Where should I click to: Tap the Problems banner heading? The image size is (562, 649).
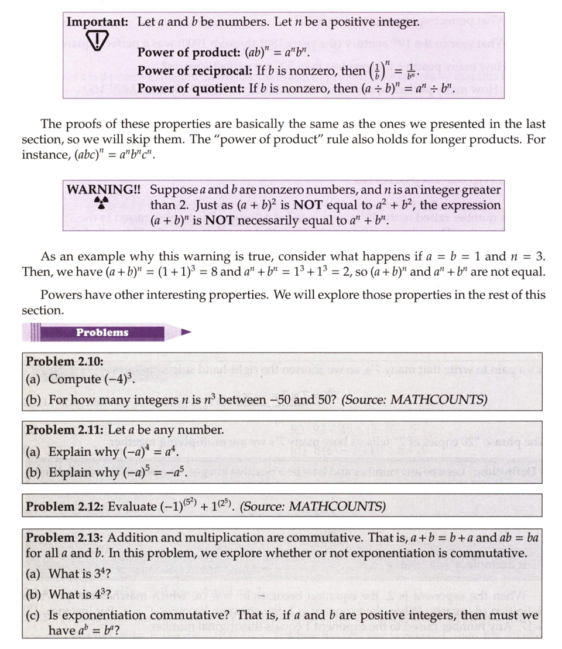[x=102, y=332]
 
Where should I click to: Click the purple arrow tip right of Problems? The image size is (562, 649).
[x=186, y=332]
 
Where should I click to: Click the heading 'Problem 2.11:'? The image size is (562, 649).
[x=64, y=429]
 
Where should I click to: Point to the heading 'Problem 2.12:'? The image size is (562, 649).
[x=64, y=505]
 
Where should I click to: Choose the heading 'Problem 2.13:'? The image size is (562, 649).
[x=64, y=538]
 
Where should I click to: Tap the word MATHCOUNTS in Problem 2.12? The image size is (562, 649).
[x=348, y=505]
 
